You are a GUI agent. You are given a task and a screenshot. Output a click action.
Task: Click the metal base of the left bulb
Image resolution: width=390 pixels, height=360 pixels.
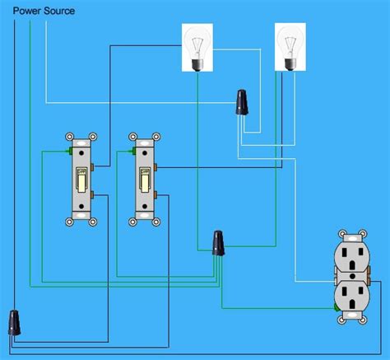(198, 67)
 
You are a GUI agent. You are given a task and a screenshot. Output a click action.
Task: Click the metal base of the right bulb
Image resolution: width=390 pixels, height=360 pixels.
(290, 67)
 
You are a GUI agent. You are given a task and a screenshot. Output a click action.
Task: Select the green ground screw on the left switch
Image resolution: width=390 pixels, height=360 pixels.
(69, 152)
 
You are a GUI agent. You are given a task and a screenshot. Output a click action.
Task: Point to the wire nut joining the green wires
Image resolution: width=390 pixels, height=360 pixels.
(218, 243)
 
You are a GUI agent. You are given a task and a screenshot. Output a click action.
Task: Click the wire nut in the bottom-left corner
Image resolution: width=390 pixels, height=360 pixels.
(15, 321)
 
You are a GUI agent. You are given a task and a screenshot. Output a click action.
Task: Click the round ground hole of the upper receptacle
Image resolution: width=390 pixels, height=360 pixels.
(355, 269)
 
